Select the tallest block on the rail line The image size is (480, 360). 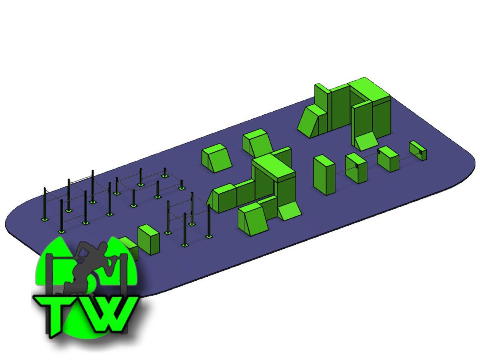(324, 175)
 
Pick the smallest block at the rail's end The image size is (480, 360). (418, 150)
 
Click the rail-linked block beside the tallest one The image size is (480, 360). (356, 168)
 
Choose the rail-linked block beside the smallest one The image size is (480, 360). (388, 159)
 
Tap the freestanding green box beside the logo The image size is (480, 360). (148, 240)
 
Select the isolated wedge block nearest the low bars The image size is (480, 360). (216, 158)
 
